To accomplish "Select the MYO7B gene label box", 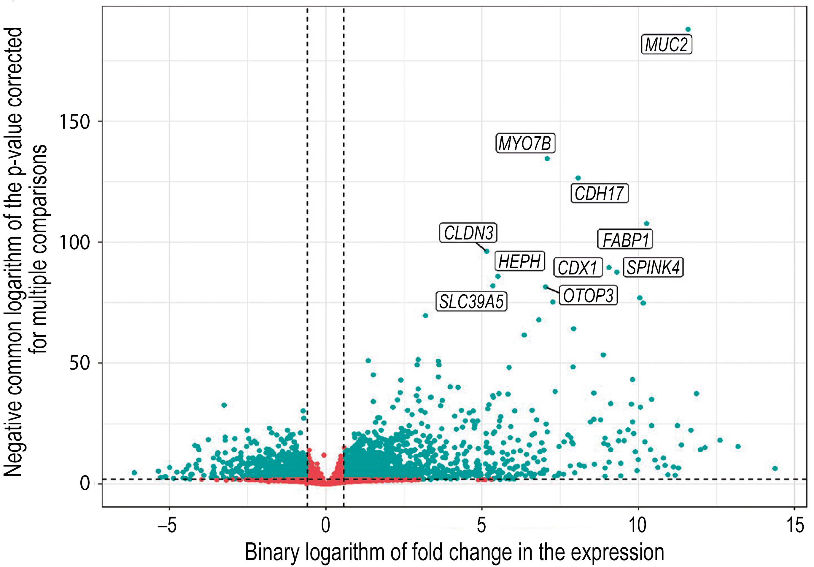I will click(525, 143).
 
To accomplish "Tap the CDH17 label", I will click(599, 193).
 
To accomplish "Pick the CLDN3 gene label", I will click(468, 233).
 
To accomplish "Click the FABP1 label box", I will click(625, 239).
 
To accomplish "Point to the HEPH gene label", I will click(519, 261).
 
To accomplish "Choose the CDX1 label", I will click(578, 267).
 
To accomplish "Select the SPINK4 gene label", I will click(653, 267).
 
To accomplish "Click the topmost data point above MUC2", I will click(688, 29).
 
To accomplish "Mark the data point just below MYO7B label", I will click(547, 159).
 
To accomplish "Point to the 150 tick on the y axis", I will click(75, 122).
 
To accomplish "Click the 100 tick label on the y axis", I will click(75, 242).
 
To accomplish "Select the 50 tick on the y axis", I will click(80, 363).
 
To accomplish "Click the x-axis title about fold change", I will click(454, 552).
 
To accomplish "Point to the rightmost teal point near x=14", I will click(775, 469).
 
